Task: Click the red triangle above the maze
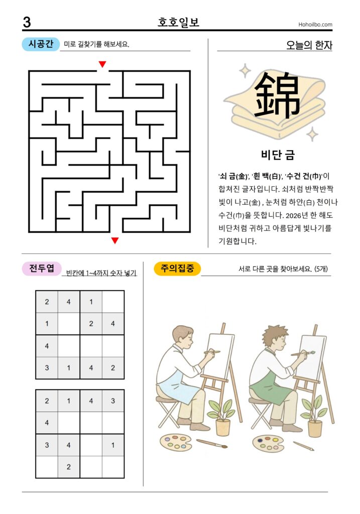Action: (102, 64)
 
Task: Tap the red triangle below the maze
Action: (115, 240)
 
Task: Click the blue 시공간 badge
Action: (41, 44)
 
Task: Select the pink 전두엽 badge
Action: (42, 269)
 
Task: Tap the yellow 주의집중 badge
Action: (177, 269)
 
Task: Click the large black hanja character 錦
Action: (277, 95)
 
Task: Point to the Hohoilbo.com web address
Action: (315, 24)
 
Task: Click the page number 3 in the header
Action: (27, 22)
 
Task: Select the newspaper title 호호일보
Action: (178, 22)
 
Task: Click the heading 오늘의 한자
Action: (309, 45)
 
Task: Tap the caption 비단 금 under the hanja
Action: (278, 155)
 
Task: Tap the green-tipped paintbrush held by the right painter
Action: (303, 353)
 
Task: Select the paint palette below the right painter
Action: (268, 443)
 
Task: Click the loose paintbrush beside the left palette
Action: (211, 444)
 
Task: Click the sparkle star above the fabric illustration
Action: (245, 71)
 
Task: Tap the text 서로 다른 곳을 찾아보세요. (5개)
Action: (283, 269)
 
